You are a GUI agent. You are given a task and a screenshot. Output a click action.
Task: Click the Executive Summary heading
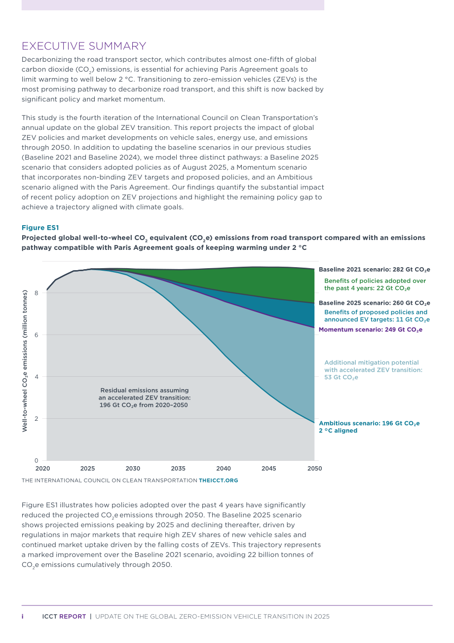(x=84, y=46)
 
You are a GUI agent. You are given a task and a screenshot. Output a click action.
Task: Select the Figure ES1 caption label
(x=40, y=228)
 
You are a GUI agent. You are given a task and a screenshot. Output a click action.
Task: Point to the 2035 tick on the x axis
(x=178, y=469)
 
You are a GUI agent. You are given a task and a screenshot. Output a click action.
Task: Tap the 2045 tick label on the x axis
(x=269, y=469)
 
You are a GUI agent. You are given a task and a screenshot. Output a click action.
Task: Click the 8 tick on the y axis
(x=37, y=293)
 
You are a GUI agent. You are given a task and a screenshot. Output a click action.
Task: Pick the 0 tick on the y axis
(x=37, y=460)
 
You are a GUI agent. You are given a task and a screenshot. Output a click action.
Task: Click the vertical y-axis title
(x=25, y=361)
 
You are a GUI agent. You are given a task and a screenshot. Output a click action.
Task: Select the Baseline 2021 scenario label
(x=374, y=270)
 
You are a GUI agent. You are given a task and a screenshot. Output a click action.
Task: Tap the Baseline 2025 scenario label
(x=374, y=303)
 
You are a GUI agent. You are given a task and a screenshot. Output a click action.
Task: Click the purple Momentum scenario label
(x=371, y=329)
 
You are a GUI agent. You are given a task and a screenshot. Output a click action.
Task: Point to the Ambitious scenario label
(x=369, y=427)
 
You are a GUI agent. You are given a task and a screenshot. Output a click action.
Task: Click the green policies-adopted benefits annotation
(x=375, y=284)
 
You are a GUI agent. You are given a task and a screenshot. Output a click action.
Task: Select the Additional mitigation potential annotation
(x=373, y=370)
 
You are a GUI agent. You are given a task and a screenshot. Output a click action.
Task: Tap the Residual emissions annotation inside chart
(x=144, y=398)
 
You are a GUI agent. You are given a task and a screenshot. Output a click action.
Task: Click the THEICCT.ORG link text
(x=218, y=480)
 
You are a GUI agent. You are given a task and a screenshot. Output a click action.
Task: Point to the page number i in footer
(x=23, y=616)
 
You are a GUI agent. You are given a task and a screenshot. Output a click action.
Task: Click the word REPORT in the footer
(x=73, y=616)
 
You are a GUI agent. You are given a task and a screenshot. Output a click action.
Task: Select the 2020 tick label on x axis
(x=42, y=469)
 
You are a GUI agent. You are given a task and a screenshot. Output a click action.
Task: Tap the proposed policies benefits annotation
(x=377, y=316)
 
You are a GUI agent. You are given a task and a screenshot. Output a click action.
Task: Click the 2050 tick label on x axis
(x=315, y=469)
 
